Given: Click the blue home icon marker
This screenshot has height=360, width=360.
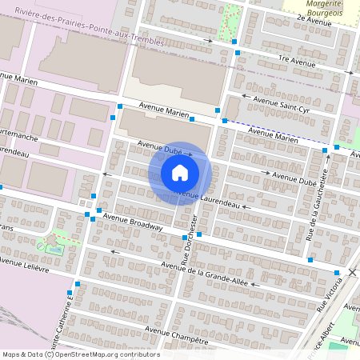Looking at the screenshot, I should (x=180, y=173).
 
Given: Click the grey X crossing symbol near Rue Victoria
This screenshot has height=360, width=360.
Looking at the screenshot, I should (x=351, y=273).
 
